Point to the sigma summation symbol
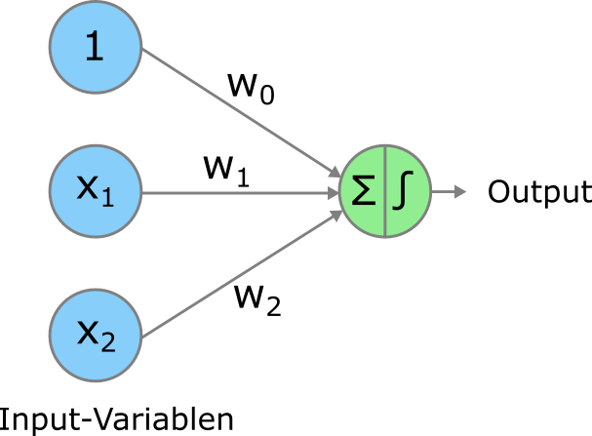[x=363, y=191]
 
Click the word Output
[x=538, y=191]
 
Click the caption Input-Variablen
[x=117, y=419]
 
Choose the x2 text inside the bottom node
[x=96, y=334]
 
